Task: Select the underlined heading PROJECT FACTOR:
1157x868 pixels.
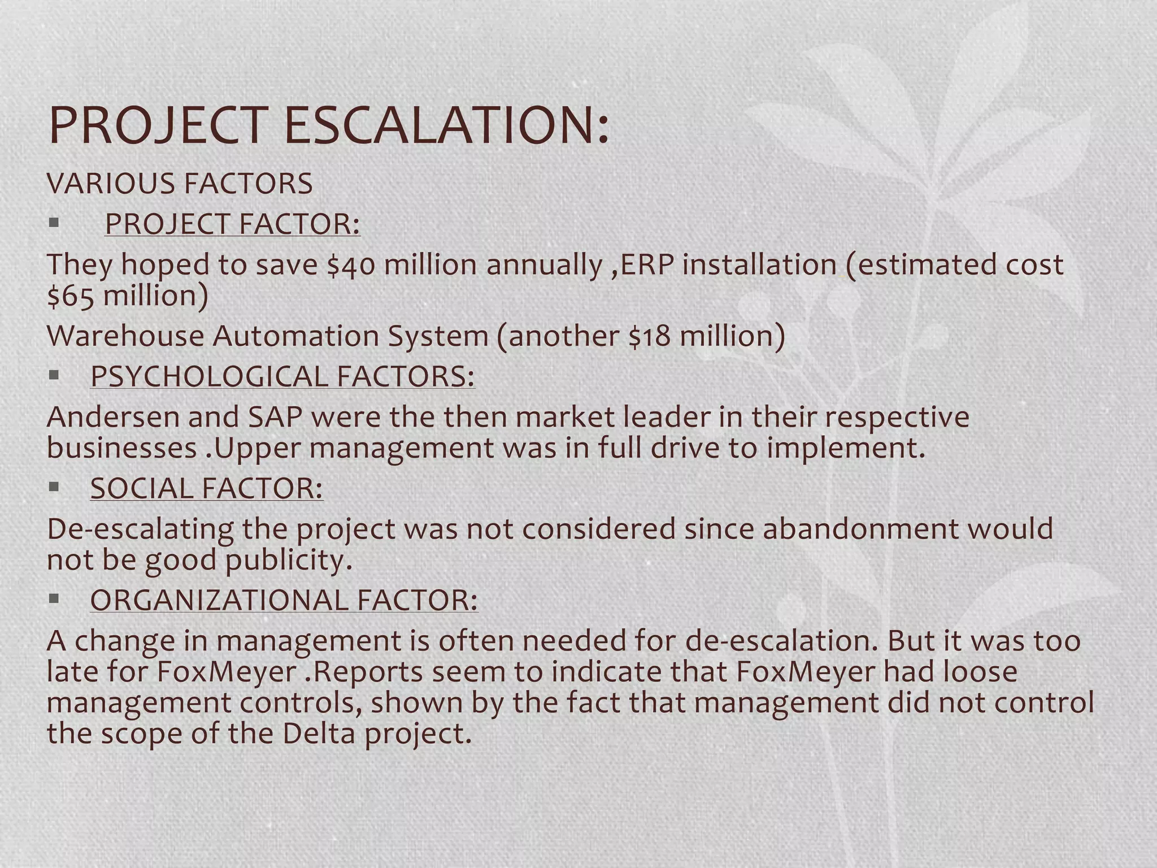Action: pyautogui.click(x=232, y=224)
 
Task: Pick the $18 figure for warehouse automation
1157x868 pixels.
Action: pyautogui.click(x=650, y=336)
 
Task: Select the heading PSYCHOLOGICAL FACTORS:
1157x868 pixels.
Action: pyautogui.click(x=282, y=376)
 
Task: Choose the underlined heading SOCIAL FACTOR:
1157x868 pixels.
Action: pyautogui.click(x=207, y=488)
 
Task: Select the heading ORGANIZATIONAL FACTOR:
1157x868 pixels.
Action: pyautogui.click(x=284, y=600)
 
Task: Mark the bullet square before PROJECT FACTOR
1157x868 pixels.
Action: pyautogui.click(x=54, y=223)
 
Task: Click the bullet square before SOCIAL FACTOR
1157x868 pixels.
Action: pyautogui.click(x=54, y=487)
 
